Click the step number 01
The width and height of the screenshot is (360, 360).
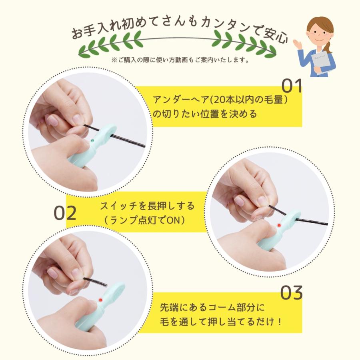(292, 86)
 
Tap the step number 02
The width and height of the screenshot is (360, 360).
(65, 213)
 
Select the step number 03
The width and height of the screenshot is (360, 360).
(291, 292)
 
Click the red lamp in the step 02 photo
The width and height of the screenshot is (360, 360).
(279, 225)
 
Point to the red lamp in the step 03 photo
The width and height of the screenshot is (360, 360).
(100, 300)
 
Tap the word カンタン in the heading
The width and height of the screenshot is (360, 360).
(225, 25)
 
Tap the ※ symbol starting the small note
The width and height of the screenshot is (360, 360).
(114, 60)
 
